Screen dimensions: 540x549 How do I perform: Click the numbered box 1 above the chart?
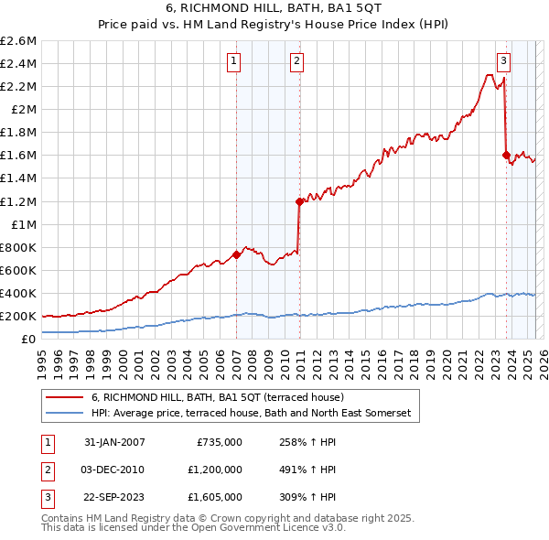pyautogui.click(x=234, y=61)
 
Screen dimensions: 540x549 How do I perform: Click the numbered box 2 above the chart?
pyautogui.click(x=297, y=61)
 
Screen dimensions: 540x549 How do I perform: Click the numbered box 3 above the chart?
pyautogui.click(x=503, y=61)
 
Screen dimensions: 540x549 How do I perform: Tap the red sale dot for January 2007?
pyautogui.click(x=236, y=254)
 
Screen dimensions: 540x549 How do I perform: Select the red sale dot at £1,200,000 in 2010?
pyautogui.click(x=299, y=201)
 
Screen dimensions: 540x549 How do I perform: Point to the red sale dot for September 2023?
pyautogui.click(x=506, y=155)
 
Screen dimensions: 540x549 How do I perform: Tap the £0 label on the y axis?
pyautogui.click(x=30, y=340)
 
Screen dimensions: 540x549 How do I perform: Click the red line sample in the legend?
pyautogui.click(x=65, y=398)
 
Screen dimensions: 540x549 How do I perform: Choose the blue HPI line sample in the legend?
pyautogui.click(x=65, y=414)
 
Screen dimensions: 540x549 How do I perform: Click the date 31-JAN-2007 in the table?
pyautogui.click(x=114, y=442)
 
